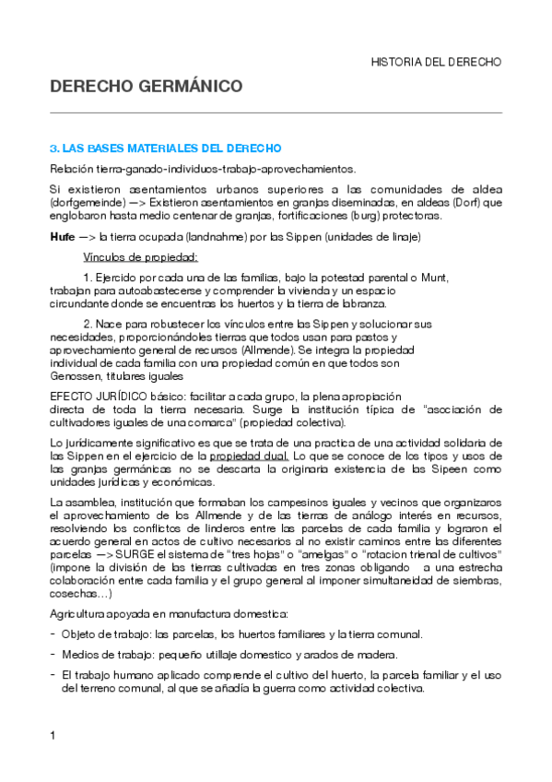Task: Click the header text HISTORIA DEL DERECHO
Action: [x=435, y=63]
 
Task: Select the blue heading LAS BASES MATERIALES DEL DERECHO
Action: [x=171, y=148]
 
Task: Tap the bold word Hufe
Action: [x=62, y=237]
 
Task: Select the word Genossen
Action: [x=73, y=376]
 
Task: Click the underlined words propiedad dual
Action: [x=250, y=456]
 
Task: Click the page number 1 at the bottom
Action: [x=53, y=736]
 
